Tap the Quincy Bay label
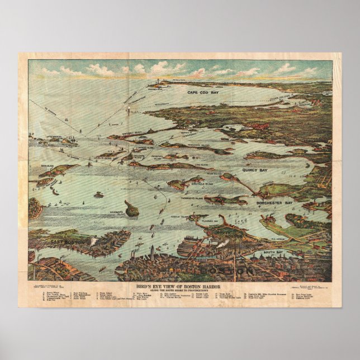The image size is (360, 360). coord(255,169)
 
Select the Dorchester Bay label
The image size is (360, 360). coord(274,203)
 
